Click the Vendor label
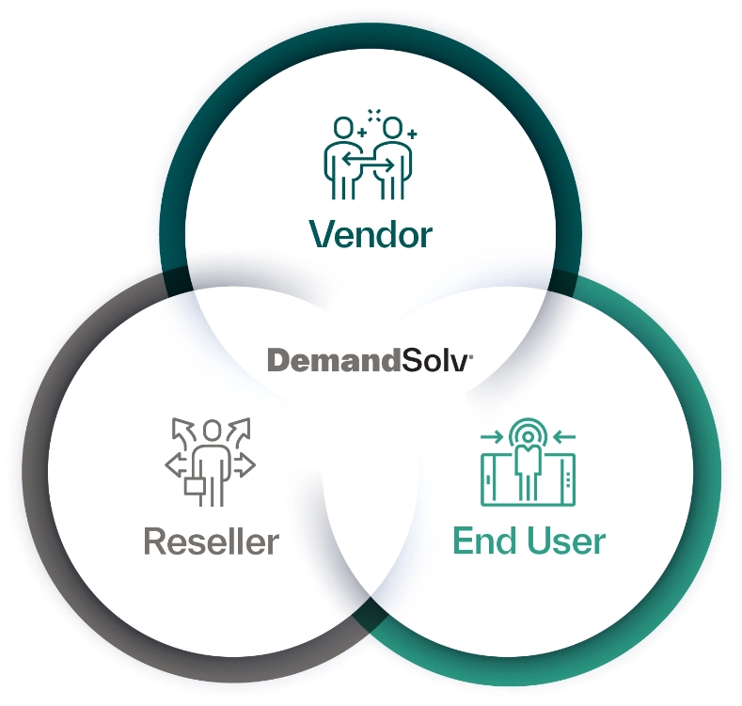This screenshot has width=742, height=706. [371, 233]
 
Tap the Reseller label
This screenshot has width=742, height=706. [211, 541]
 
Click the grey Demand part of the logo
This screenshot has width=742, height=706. [328, 360]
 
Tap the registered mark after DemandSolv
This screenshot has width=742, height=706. [470, 354]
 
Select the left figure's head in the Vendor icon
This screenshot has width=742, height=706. [343, 127]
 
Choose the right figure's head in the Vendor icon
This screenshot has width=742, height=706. [393, 127]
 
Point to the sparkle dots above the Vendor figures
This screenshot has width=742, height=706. [374, 115]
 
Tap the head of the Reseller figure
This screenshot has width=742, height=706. [212, 431]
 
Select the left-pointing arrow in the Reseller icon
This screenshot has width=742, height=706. [176, 464]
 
